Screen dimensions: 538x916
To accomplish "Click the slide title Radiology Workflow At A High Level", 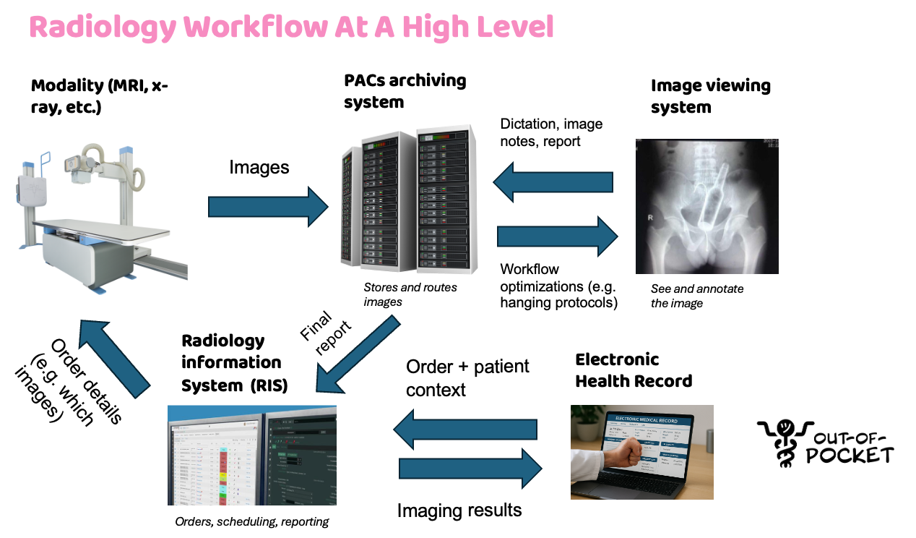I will pyautogui.click(x=291, y=27).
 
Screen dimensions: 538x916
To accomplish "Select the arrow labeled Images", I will pyautogui.click(x=268, y=207).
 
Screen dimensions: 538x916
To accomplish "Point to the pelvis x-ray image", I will pyautogui.click(x=707, y=206).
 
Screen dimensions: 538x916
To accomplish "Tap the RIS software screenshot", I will pyautogui.click(x=252, y=455).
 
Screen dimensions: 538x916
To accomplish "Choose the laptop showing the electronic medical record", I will pyautogui.click(x=641, y=452).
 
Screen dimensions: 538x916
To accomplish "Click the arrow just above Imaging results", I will pyautogui.click(x=470, y=468).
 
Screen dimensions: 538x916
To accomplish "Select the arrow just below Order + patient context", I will pyautogui.click(x=466, y=430).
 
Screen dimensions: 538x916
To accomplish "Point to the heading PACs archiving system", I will pyautogui.click(x=405, y=91).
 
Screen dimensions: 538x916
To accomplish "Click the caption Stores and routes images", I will pyautogui.click(x=410, y=294).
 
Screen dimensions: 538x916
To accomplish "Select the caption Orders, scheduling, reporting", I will pyautogui.click(x=252, y=521).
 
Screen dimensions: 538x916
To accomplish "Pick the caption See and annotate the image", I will pyautogui.click(x=697, y=296).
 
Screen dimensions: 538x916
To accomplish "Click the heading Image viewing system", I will pyautogui.click(x=710, y=96).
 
